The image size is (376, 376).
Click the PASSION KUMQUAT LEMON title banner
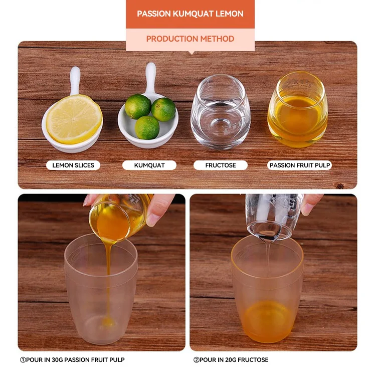coord(190,14)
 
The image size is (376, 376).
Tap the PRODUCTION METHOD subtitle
coord(190,39)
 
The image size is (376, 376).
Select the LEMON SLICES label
coord(73,165)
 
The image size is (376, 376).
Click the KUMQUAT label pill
coord(149,165)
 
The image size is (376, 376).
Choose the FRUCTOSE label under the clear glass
coord(221,165)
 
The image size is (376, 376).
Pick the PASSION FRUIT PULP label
coord(300,165)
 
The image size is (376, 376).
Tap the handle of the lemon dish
coord(75,80)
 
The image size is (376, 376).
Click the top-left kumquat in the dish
coord(138,106)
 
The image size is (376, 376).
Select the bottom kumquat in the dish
coord(147,127)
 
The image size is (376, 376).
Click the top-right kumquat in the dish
coord(164,109)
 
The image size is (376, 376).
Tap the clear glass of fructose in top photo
coord(221,113)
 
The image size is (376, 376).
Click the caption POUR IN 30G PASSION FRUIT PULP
coord(72,359)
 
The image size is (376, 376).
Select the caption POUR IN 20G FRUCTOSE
coord(231,359)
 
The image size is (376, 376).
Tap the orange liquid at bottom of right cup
coord(267,321)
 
